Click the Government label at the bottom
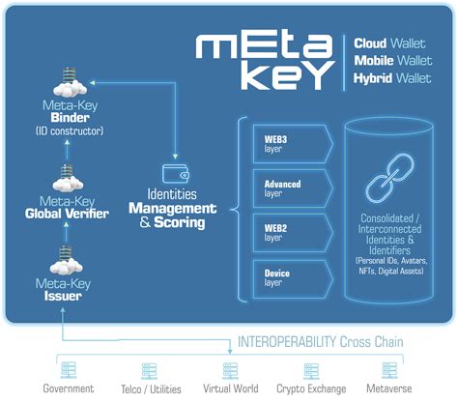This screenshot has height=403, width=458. point(69,389)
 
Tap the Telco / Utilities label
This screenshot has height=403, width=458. point(148,389)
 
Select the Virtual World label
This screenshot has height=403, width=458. point(229,389)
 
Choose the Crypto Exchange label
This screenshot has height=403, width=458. point(312,389)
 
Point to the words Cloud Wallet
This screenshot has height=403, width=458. point(389,44)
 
